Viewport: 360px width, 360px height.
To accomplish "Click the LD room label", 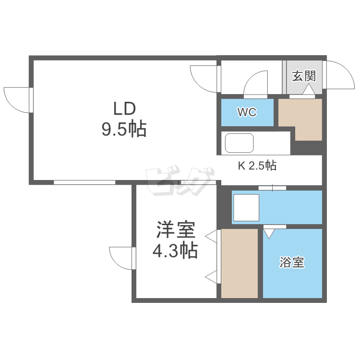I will pos(125,108).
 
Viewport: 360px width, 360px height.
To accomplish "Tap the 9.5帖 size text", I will pos(123,129).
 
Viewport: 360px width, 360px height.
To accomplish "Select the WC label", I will pos(247,112).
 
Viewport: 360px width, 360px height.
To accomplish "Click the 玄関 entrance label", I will pos(304,75).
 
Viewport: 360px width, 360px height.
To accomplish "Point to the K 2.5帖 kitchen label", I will pos(257,167).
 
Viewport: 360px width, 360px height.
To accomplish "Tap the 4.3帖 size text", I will pos(175,251).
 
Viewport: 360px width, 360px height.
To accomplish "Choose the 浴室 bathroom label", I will pos(292,263).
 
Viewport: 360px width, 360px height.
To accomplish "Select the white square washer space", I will pos(246,208).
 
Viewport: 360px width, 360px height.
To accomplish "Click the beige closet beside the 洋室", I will pos(240,263).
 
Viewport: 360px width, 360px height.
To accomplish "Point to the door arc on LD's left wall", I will pos(17,100).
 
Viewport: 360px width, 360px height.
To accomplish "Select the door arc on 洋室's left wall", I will pos(121,259).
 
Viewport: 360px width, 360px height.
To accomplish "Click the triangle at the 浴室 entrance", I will pos(269,233).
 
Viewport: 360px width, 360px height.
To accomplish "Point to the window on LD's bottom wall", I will pos(84,182).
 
